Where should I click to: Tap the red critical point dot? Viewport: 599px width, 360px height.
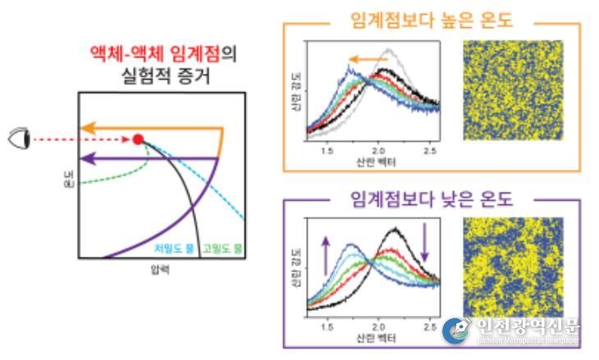coord(138,139)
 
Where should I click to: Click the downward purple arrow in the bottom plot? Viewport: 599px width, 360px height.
coord(425,242)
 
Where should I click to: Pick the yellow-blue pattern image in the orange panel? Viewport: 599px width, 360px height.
coord(513,90)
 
